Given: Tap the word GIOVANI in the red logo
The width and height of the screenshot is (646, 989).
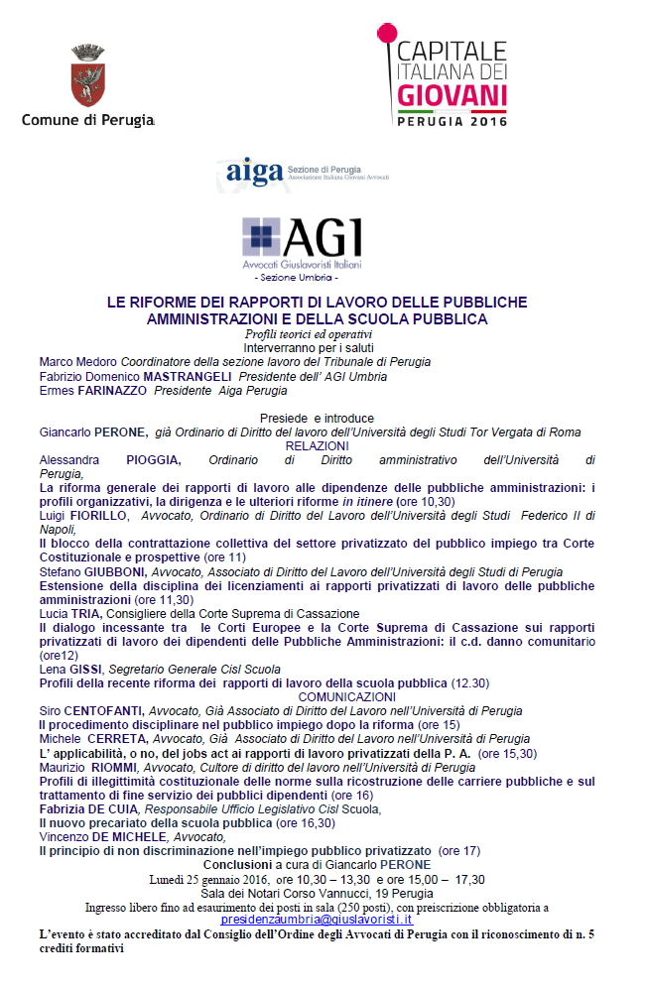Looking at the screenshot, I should click(452, 96).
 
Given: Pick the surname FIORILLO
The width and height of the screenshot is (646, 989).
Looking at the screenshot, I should click(100, 516).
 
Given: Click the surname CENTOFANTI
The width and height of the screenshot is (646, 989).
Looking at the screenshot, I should click(104, 711).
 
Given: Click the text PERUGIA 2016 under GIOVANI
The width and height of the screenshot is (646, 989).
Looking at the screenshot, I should click(452, 122).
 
